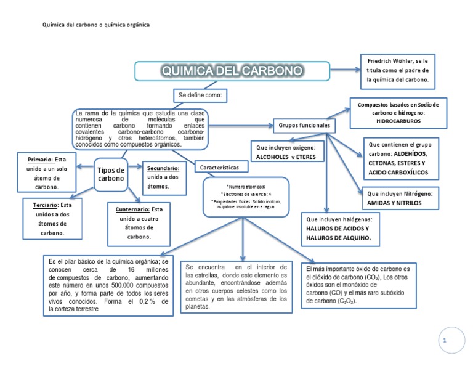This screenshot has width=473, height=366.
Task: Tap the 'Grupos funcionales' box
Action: (x=304, y=125)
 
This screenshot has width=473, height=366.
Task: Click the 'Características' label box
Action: (x=220, y=167)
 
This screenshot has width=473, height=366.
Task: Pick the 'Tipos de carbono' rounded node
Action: (x=111, y=174)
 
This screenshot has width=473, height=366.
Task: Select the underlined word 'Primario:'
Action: (x=40, y=159)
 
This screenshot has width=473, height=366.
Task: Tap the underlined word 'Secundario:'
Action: (x=163, y=168)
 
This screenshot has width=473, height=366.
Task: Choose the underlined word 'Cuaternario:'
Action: (x=132, y=209)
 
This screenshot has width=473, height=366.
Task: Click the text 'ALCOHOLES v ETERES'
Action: (x=285, y=157)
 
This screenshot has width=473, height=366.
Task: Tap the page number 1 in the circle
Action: (x=450, y=340)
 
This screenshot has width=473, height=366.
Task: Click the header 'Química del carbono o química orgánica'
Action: (x=95, y=25)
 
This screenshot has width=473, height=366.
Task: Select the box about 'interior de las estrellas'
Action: (x=236, y=287)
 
